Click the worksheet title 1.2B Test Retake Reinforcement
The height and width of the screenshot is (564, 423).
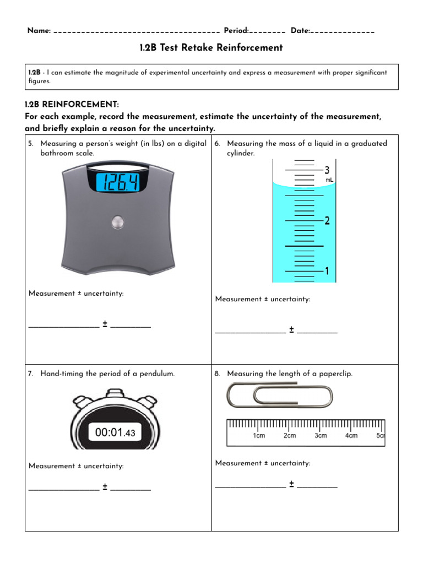pyautogui.click(x=211, y=47)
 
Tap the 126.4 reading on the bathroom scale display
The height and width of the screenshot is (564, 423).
pyautogui.click(x=118, y=182)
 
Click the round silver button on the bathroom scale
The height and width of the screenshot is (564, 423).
pyautogui.click(x=118, y=222)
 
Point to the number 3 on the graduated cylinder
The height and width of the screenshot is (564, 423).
pyautogui.click(x=327, y=170)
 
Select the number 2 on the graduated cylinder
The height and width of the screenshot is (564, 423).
pyautogui.click(x=327, y=221)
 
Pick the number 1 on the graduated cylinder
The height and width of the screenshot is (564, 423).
pyautogui.click(x=327, y=271)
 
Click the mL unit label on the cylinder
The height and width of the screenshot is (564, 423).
pyautogui.click(x=329, y=180)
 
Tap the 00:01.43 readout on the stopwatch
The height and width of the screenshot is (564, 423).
pyautogui.click(x=115, y=433)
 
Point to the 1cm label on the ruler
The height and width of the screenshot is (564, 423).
pyautogui.click(x=259, y=436)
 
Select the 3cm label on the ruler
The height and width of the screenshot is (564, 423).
pyautogui.click(x=321, y=436)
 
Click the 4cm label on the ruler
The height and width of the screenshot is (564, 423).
pyautogui.click(x=351, y=436)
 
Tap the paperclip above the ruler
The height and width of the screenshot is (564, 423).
pyautogui.click(x=280, y=395)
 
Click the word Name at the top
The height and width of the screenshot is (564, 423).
pyautogui.click(x=39, y=31)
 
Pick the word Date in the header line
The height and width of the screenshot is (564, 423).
pyautogui.click(x=300, y=31)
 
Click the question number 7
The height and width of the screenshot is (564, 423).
pyautogui.click(x=30, y=373)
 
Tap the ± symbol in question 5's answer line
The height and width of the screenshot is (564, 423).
pyautogui.click(x=105, y=324)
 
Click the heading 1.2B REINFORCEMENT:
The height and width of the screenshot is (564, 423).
pyautogui.click(x=72, y=105)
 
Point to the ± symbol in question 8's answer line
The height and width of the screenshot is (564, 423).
pyautogui.click(x=291, y=485)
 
